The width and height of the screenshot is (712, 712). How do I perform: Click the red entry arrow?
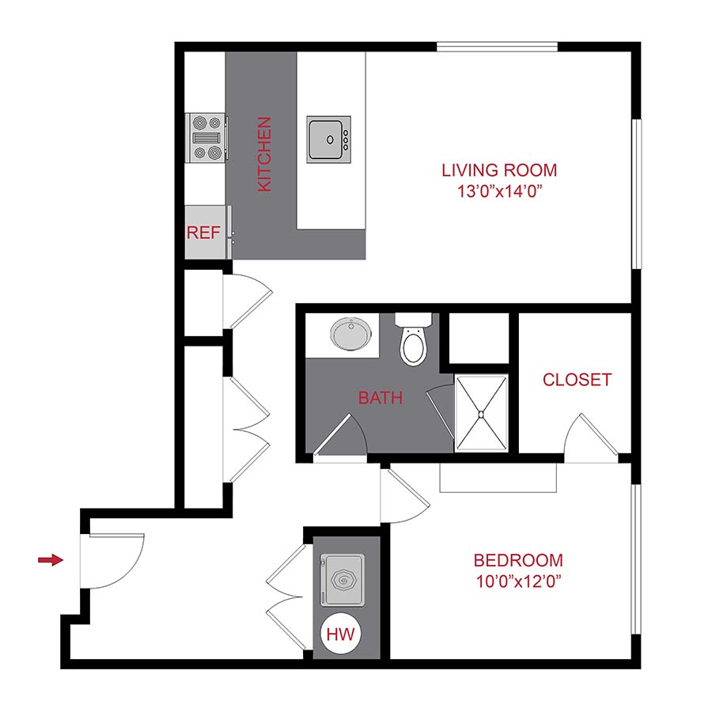coord(51,560)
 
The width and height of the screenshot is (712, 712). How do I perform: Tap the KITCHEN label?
coord(265,154)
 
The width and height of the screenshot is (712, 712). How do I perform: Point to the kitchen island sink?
coord(328,140)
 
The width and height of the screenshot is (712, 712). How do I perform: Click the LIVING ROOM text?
coord(498,169)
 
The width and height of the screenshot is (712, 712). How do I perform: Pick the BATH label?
coord(381,398)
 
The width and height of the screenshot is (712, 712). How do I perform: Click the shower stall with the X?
coord(481,415)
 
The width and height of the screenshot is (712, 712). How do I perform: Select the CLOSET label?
coord(577,380)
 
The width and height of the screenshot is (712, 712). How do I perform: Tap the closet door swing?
coord(589,439)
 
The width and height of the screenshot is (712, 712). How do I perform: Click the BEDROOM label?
coord(518,561)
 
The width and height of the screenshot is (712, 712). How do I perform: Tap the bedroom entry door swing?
coord(402,497)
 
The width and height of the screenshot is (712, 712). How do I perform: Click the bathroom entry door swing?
coord(340,437)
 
